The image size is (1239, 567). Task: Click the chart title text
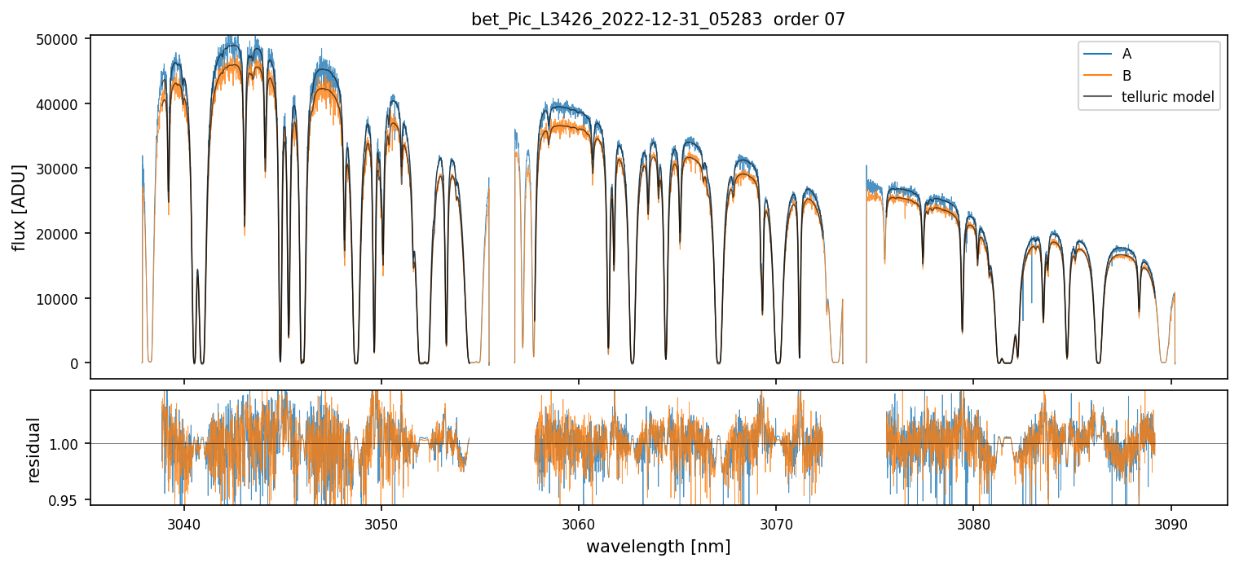[658, 20]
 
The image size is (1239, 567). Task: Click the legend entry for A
[1127, 54]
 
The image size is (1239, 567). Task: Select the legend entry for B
[1127, 76]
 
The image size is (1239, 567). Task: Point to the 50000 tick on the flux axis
[61, 39]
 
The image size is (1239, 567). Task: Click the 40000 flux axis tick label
[61, 104]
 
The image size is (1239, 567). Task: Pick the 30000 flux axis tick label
[61, 169]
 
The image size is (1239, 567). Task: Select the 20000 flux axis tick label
[61, 234]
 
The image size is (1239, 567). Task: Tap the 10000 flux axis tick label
[61, 299]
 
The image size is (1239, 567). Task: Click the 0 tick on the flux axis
[74, 363]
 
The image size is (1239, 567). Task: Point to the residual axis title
[34, 450]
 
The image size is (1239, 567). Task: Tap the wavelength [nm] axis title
[658, 547]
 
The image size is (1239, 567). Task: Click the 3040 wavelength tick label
[183, 522]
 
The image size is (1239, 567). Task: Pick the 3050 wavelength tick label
[381, 522]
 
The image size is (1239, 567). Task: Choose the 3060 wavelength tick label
[579, 522]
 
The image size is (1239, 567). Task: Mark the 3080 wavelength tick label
[973, 522]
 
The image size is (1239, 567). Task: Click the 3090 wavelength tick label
[1171, 522]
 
